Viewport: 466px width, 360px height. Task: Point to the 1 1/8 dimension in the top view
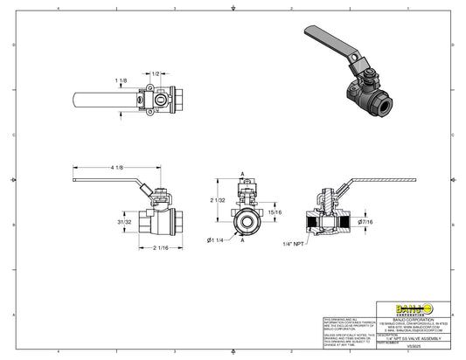[x=121, y=80]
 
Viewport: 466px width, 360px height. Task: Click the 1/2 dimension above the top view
[x=156, y=73]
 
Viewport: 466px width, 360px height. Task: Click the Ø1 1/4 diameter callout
[x=217, y=239]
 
